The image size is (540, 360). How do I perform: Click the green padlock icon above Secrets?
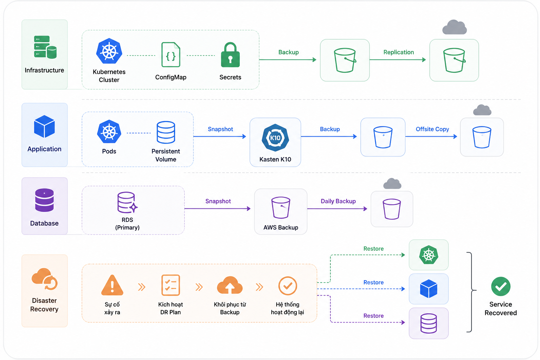click(x=230, y=54)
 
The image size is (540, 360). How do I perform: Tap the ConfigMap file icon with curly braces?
click(x=171, y=54)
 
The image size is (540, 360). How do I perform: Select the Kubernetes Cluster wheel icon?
click(x=109, y=51)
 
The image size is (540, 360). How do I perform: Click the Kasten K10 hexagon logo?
click(x=275, y=138)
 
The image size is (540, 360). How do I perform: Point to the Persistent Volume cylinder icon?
click(x=166, y=132)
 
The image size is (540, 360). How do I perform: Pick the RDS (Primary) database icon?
click(x=127, y=202)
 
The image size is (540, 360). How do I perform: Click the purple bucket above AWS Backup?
click(x=281, y=207)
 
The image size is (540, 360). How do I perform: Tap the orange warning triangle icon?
click(x=112, y=285)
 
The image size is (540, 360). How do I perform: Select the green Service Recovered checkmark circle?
click(x=501, y=286)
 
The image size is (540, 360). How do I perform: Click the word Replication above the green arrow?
click(x=398, y=52)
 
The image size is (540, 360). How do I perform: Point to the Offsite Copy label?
click(x=432, y=129)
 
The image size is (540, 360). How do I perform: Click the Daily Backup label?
click(x=338, y=201)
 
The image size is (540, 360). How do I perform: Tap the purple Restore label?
click(x=373, y=316)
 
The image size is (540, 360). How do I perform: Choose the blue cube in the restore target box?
click(x=429, y=289)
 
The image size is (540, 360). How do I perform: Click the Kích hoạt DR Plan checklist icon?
click(x=171, y=285)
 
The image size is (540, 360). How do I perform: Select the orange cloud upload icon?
click(x=230, y=285)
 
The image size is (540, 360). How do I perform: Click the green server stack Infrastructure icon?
click(x=45, y=47)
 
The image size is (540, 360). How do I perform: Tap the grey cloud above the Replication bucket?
click(x=455, y=27)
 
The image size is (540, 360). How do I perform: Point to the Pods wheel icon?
click(x=109, y=131)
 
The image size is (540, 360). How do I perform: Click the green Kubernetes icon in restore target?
click(x=429, y=255)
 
